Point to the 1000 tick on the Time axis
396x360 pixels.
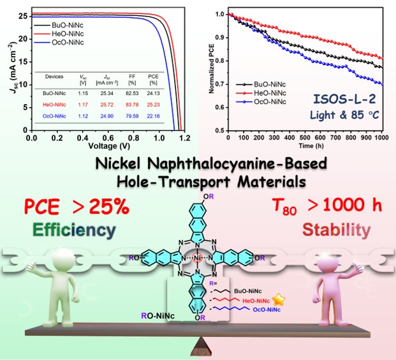point(380,137)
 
